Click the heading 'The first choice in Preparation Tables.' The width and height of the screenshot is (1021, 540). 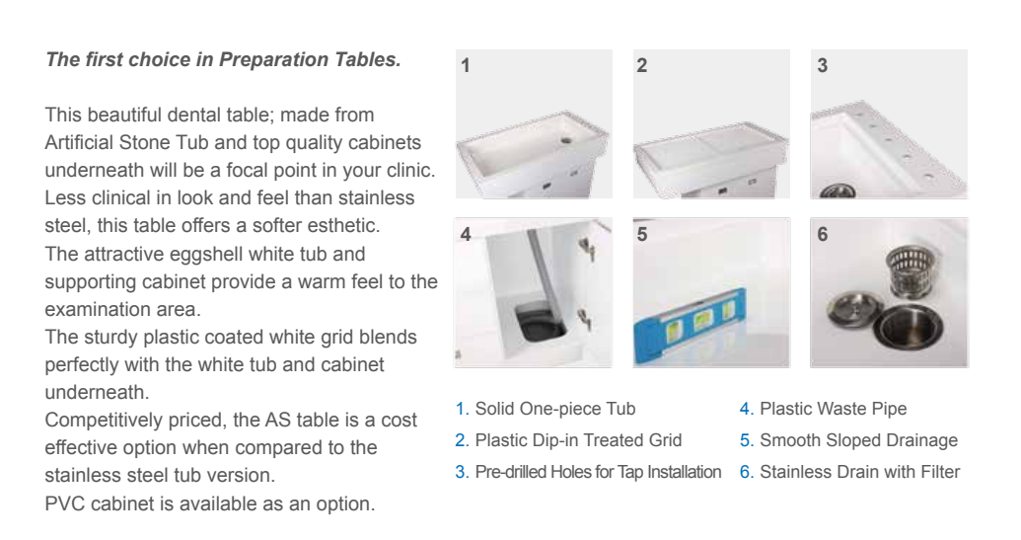click(223, 60)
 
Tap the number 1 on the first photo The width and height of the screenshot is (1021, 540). click(465, 66)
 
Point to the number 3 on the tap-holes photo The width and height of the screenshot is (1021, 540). click(823, 66)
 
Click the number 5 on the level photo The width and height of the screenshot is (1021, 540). click(642, 235)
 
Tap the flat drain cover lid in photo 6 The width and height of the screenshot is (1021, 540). click(854, 310)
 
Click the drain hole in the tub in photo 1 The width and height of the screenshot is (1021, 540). click(566, 139)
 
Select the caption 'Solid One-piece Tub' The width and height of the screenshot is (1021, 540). click(555, 409)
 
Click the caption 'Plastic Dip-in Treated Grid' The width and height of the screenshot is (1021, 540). click(578, 440)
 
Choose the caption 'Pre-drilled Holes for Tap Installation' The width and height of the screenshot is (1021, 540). click(598, 472)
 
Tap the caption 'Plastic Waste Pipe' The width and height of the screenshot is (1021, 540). click(833, 409)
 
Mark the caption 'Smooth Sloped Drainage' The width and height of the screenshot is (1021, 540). click(858, 440)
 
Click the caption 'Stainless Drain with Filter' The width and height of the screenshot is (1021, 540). click(859, 472)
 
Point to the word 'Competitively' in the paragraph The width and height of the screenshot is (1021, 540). click(104, 421)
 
